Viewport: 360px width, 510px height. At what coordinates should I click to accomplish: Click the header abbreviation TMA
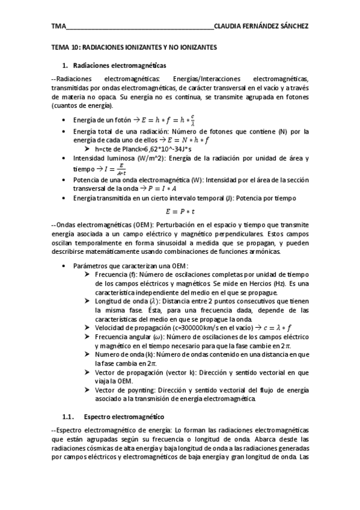58,27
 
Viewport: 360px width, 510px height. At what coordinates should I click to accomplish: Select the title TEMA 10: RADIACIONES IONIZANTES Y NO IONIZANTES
135,46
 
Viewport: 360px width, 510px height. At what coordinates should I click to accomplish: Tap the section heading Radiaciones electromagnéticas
120,64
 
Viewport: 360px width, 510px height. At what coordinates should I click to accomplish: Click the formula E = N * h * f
180,140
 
